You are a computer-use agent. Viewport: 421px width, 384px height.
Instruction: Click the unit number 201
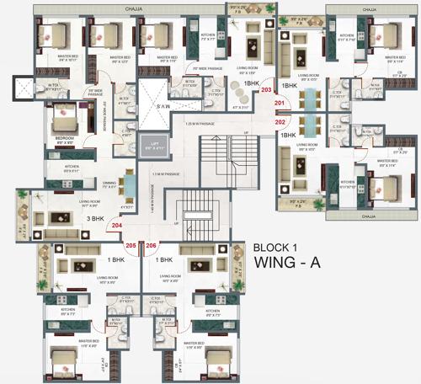(x=280, y=104)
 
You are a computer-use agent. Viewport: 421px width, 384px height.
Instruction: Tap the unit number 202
(x=280, y=121)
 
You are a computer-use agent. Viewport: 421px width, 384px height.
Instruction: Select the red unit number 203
(x=267, y=89)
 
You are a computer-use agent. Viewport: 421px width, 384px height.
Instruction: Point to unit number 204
(x=117, y=226)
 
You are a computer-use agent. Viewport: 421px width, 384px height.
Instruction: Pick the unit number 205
(x=131, y=245)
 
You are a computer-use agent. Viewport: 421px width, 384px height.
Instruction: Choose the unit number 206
(x=152, y=245)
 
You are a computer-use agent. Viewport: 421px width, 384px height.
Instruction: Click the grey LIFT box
(x=153, y=144)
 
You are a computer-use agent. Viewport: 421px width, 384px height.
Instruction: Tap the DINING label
(x=109, y=182)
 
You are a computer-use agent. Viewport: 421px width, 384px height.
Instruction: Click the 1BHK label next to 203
(x=251, y=85)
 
